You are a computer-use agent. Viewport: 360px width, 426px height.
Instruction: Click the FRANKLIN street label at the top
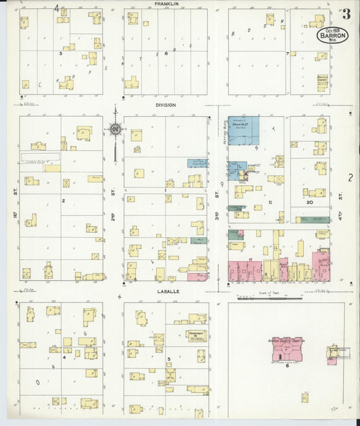(166, 4)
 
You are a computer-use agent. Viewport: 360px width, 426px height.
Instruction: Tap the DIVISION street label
(165, 105)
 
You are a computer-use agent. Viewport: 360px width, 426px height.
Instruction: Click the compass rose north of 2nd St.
(115, 129)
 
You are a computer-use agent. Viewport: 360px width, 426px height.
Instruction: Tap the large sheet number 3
(345, 14)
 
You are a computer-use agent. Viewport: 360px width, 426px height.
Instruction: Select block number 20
(309, 202)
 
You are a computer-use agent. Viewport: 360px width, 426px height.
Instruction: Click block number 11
(269, 202)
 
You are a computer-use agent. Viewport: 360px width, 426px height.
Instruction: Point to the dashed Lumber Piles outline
(40, 157)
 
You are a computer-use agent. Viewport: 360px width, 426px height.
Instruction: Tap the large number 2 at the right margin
(350, 178)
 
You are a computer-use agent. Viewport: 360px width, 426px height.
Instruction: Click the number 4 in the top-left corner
(57, 9)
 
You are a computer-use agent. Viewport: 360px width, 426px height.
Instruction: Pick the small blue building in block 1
(197, 163)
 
